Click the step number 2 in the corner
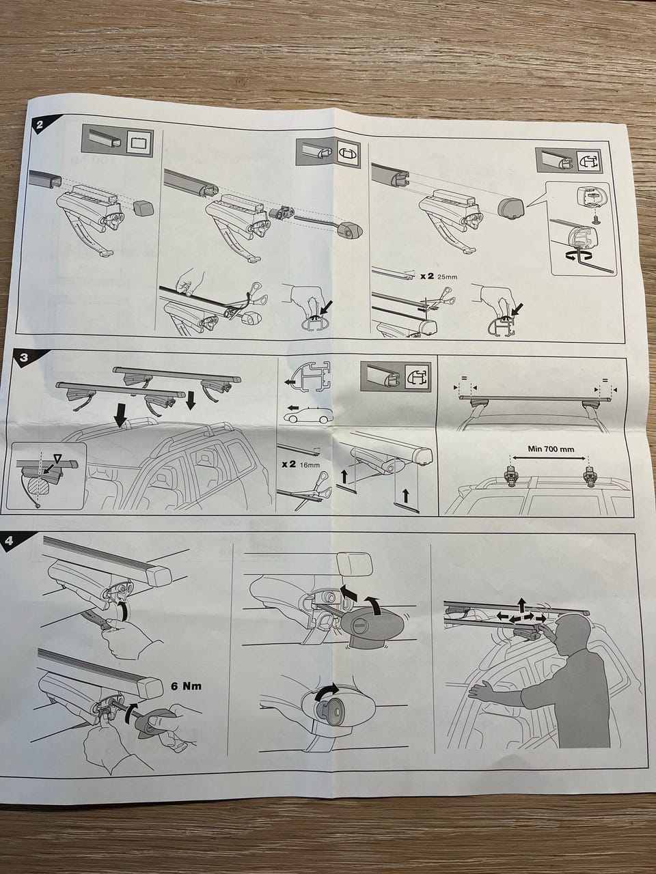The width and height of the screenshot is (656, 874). (x=39, y=125)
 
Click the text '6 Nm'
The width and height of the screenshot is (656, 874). (x=186, y=686)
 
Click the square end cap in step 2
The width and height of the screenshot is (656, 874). (x=143, y=206)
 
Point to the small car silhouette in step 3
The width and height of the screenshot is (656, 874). (x=305, y=414)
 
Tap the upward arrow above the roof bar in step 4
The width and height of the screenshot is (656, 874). (x=521, y=603)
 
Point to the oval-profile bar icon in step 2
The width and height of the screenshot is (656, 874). (x=347, y=152)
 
